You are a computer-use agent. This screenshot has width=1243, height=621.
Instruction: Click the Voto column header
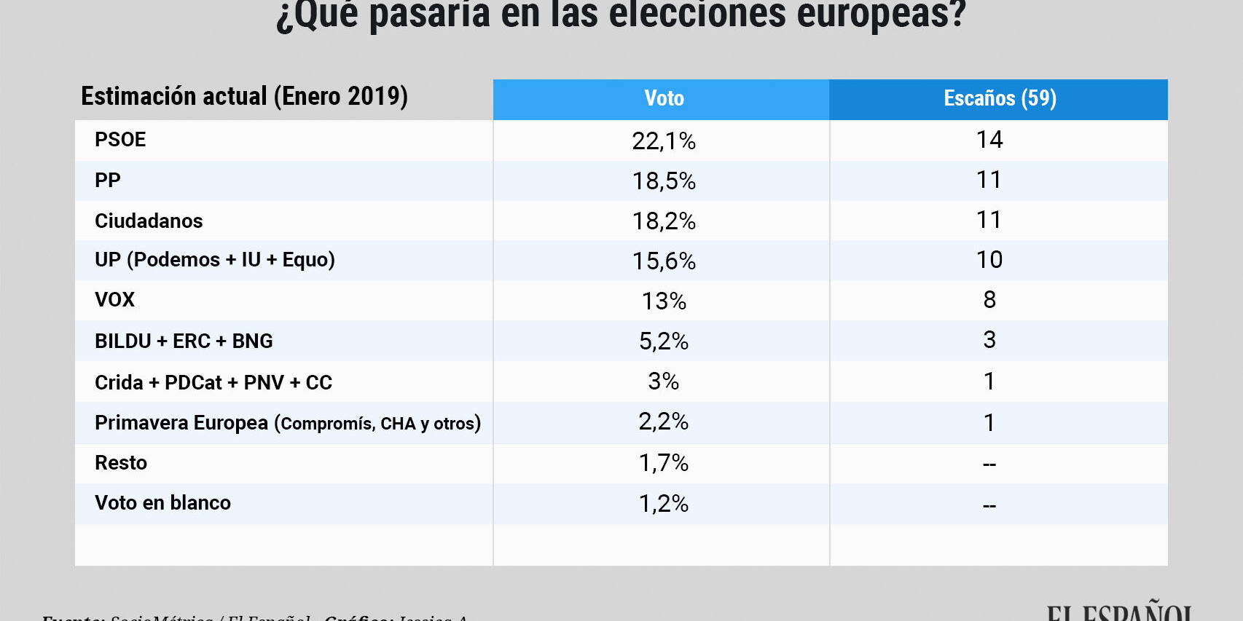664,99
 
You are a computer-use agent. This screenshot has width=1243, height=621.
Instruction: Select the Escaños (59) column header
1000,99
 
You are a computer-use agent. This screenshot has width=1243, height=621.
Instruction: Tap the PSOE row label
120,140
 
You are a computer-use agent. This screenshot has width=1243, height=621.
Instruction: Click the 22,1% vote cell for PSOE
664,141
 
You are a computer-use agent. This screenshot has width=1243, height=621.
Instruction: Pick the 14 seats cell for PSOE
989,140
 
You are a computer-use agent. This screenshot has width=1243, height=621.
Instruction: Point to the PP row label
108,181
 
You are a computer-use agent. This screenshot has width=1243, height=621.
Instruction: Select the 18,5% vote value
664,181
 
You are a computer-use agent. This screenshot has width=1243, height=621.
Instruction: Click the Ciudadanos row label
149,221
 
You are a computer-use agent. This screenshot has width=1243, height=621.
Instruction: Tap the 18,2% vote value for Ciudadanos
664,221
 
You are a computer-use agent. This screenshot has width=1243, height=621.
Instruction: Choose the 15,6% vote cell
664,261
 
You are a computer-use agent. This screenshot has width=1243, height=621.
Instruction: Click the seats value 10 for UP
989,260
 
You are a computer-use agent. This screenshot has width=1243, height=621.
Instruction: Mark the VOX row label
114,300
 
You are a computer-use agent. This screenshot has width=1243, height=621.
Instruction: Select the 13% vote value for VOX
664,301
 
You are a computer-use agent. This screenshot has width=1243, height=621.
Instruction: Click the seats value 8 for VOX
989,300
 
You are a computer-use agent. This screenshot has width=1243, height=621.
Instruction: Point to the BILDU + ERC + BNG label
184,341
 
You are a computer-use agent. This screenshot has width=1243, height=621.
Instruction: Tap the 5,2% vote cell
664,341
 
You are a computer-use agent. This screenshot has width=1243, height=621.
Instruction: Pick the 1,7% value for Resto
664,463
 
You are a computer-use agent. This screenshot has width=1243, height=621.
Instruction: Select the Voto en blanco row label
162,503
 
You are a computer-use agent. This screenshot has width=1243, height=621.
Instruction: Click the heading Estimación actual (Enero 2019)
244,97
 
